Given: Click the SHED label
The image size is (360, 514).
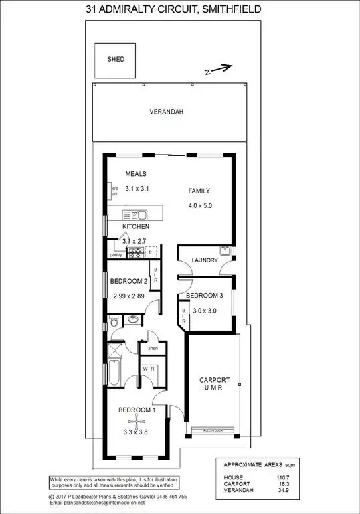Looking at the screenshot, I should [116, 59].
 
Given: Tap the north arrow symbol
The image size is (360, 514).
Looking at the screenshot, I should [219, 68].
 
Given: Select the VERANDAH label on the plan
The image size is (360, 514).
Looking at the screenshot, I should [166, 112].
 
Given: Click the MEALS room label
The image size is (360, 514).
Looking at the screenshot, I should [135, 174].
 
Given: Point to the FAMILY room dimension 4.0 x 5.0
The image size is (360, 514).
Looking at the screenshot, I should [199, 205].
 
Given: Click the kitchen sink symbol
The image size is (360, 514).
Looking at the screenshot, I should [139, 215].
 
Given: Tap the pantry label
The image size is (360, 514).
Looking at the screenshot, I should [116, 255].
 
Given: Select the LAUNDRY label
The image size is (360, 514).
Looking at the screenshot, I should [205, 260].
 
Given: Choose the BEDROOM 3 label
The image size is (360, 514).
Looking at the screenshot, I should [203, 295].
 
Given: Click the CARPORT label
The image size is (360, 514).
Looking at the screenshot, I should [215, 380].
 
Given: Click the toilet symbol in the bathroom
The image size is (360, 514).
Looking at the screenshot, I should [114, 322].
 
